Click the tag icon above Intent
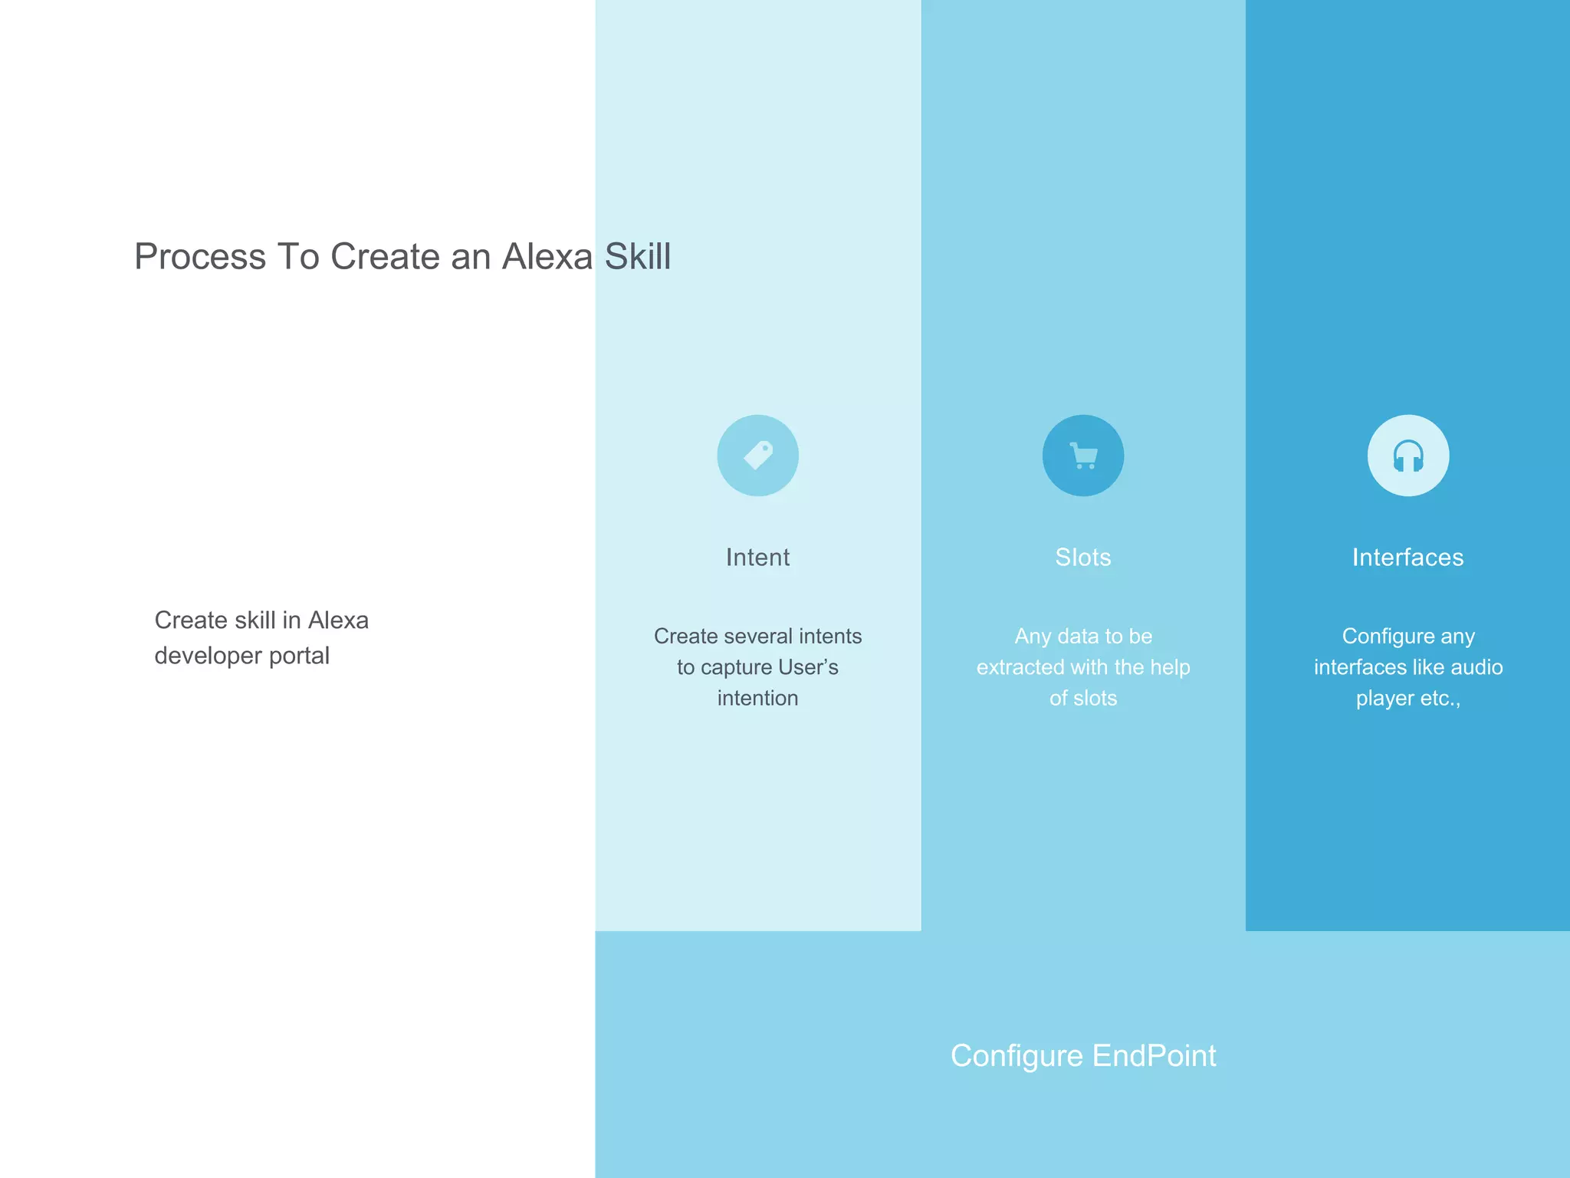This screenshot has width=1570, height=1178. pyautogui.click(x=757, y=456)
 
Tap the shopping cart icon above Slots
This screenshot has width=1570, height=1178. pyautogui.click(x=1082, y=456)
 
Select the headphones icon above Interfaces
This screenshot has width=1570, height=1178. pyautogui.click(x=1407, y=456)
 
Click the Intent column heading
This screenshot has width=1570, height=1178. pyautogui.click(x=757, y=558)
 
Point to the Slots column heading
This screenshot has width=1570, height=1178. pyautogui.click(x=1082, y=558)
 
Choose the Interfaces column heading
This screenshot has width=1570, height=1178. pyautogui.click(x=1407, y=558)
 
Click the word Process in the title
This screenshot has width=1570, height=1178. pyautogui.click(x=200, y=256)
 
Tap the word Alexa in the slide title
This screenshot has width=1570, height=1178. pyautogui.click(x=547, y=256)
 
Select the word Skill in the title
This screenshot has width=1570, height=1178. pyautogui.click(x=638, y=256)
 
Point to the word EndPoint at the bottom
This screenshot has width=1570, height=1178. pyautogui.click(x=1154, y=1056)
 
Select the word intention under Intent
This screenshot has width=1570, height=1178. pyautogui.click(x=757, y=698)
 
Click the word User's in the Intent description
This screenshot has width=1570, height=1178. pyautogui.click(x=808, y=667)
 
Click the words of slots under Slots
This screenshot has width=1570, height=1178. pyautogui.click(x=1082, y=698)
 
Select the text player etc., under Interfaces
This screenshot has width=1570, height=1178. pyautogui.click(x=1407, y=698)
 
